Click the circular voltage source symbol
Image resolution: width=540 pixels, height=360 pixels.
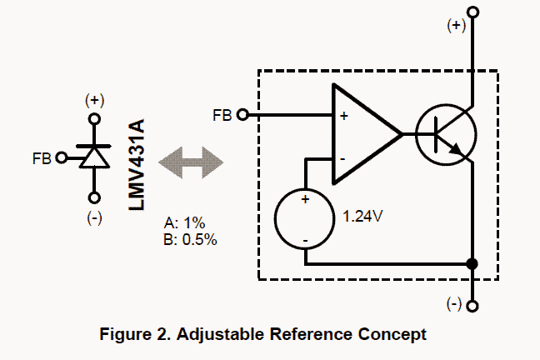click(x=305, y=219)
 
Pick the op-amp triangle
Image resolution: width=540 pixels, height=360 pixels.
click(x=363, y=133)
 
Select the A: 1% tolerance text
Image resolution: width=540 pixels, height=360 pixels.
click(x=185, y=224)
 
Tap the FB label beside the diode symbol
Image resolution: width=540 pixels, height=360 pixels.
click(x=42, y=157)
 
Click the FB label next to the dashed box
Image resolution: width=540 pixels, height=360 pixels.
click(x=222, y=115)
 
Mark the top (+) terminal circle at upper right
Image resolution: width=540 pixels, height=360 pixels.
click(x=473, y=12)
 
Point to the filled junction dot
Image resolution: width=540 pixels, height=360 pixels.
click(x=473, y=264)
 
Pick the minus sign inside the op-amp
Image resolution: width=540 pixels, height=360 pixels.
click(x=342, y=157)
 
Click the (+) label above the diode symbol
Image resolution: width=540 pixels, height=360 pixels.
click(x=94, y=100)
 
